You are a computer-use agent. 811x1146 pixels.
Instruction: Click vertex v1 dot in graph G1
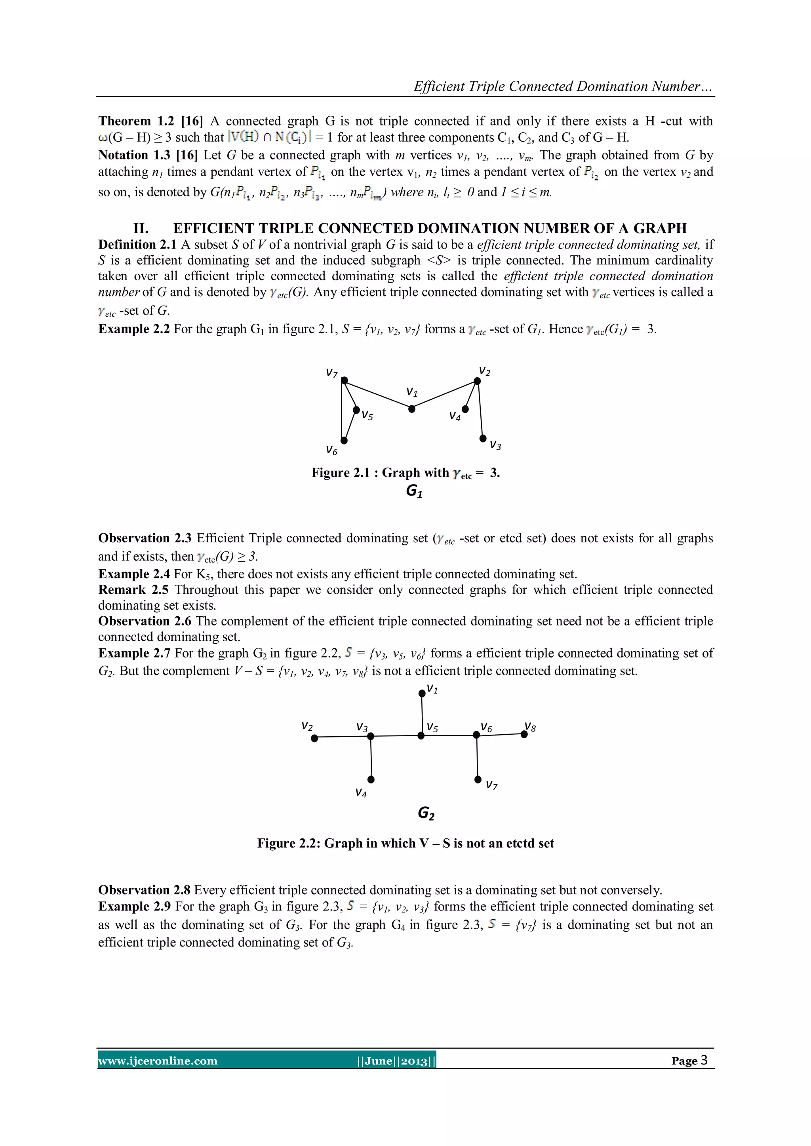point(411,409)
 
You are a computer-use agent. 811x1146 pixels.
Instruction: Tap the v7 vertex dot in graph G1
point(344,380)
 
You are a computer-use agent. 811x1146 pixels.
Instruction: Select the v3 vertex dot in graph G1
point(482,438)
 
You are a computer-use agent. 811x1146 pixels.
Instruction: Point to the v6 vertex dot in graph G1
point(344,440)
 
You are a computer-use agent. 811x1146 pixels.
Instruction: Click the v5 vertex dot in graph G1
point(356,410)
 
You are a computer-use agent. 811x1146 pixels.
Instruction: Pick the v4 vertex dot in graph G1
point(465,409)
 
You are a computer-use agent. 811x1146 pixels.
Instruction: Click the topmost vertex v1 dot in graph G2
point(422,693)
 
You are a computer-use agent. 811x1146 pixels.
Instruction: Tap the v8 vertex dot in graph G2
point(524,734)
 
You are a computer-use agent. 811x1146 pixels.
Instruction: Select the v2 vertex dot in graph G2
point(314,738)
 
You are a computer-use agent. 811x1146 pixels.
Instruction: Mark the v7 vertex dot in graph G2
point(478,779)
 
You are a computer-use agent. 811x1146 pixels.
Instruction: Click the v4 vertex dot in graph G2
point(371,779)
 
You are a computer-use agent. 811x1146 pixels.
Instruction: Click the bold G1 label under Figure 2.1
point(414,492)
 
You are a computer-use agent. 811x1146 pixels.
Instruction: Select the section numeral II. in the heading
point(141,228)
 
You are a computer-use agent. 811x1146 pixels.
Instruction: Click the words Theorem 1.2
point(124,121)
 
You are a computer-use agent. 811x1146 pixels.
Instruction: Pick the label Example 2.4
point(134,574)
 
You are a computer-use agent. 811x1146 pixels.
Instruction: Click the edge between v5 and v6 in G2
point(449,735)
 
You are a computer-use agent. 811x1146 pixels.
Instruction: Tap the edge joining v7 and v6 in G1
point(342,410)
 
